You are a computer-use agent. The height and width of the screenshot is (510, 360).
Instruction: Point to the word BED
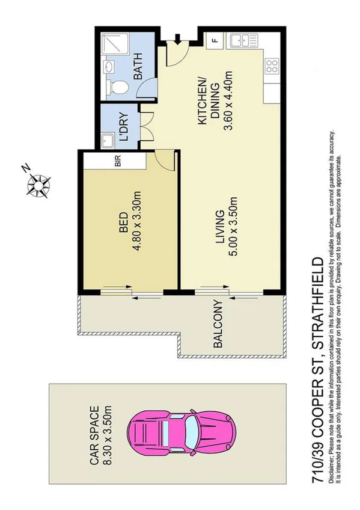[x=123, y=223]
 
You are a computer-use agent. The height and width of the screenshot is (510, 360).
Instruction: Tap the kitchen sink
[x=248, y=41]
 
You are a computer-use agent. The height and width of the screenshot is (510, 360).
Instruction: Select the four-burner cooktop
[x=272, y=63]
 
